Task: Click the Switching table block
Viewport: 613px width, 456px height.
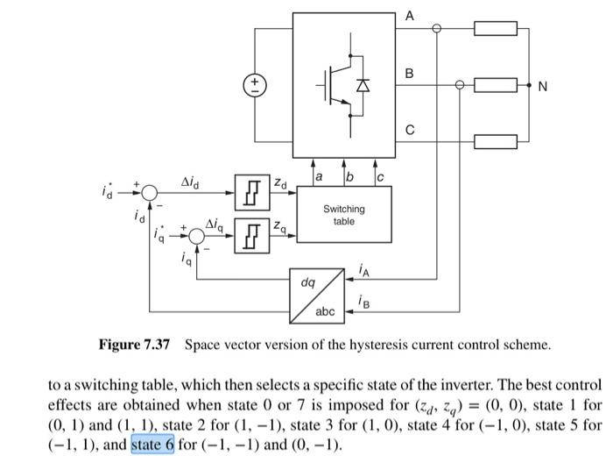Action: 343,215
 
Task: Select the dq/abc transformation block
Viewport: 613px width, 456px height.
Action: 318,297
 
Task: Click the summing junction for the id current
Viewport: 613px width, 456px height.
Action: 150,193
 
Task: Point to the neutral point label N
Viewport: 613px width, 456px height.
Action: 543,86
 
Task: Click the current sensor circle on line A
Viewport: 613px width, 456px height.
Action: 437,29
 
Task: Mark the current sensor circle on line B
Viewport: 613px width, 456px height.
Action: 461,85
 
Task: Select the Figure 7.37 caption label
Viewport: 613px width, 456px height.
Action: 134,345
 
